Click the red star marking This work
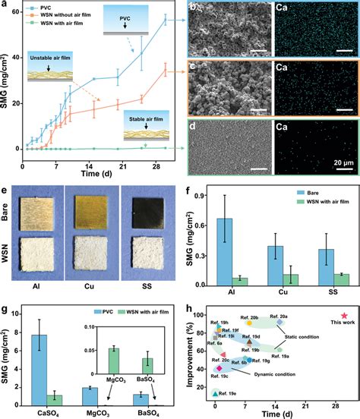coord(344,315)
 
